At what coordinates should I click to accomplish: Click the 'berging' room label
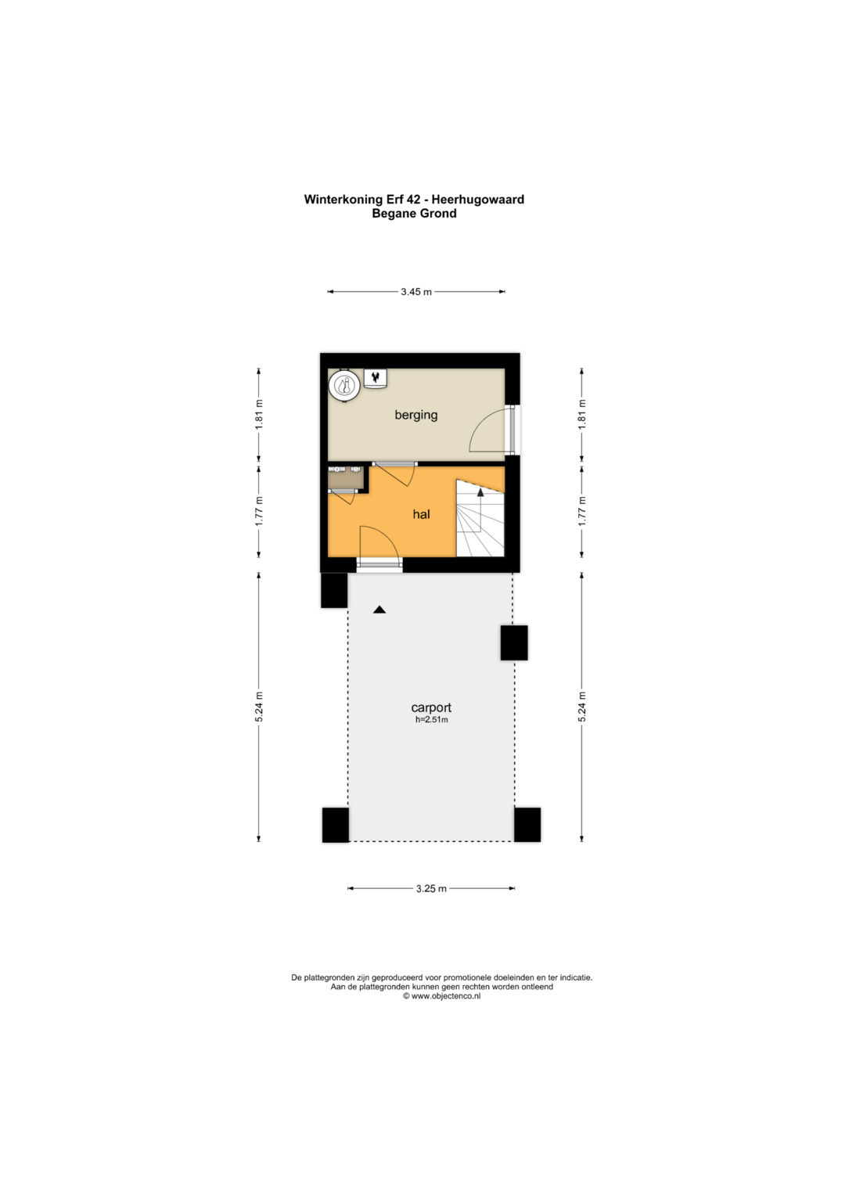[x=416, y=415]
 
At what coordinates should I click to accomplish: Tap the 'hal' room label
[x=422, y=514]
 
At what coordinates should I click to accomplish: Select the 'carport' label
[x=431, y=707]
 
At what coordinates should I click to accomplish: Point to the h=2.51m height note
[x=432, y=720]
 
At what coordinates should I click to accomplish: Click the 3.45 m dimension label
[x=416, y=292]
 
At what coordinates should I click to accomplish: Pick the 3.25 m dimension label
[x=431, y=889]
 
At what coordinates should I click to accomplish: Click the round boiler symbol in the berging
[x=343, y=385]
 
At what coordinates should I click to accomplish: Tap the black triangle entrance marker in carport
[x=379, y=610]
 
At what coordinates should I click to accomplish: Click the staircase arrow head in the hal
[x=480, y=492]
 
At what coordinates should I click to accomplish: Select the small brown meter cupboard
[x=346, y=478]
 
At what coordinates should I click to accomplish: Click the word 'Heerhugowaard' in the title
[x=477, y=200]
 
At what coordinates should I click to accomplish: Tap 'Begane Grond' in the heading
[x=414, y=214]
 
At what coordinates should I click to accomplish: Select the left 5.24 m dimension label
[x=259, y=707]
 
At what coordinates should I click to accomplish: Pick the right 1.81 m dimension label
[x=582, y=415]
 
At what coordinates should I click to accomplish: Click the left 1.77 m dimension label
[x=259, y=512]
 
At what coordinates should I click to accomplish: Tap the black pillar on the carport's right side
[x=514, y=642]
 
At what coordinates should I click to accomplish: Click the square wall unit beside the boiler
[x=376, y=378]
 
